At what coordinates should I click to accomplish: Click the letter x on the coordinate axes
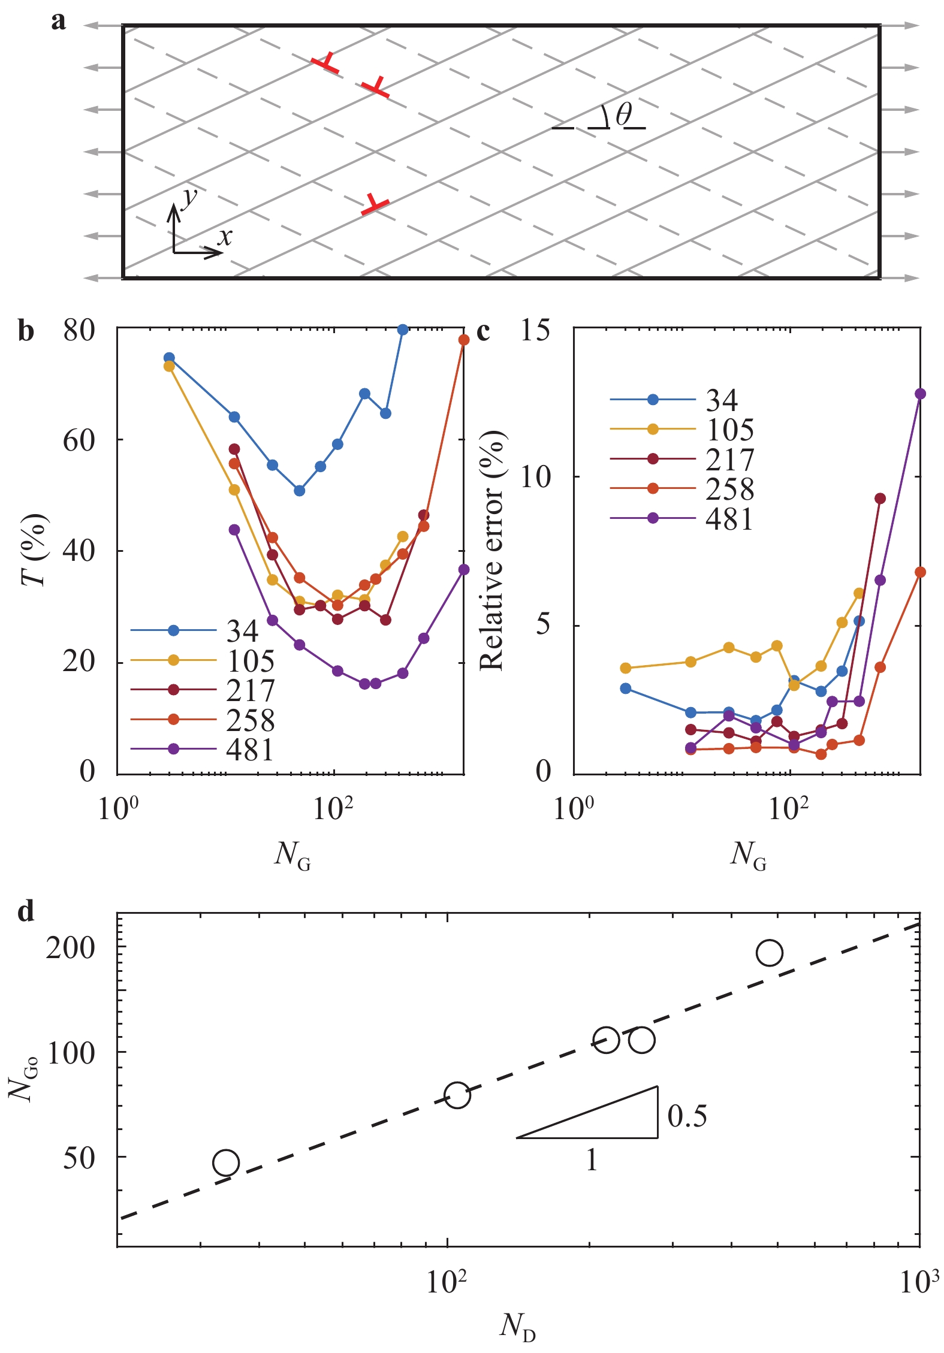click(x=225, y=237)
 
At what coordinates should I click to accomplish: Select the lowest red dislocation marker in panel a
click(x=375, y=204)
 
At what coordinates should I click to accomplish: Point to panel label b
click(x=26, y=331)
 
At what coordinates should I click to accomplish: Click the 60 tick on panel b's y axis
click(x=79, y=440)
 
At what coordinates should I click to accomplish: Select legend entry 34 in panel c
click(x=722, y=400)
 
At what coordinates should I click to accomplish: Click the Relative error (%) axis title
click(x=491, y=550)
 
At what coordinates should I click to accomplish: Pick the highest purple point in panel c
click(x=920, y=394)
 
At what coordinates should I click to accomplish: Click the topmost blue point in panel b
click(x=403, y=330)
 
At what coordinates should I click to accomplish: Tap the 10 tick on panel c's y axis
click(x=535, y=478)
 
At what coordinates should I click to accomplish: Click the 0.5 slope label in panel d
click(x=687, y=1116)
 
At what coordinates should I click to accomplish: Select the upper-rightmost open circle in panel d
click(x=770, y=952)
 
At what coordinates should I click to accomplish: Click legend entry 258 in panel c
click(x=729, y=489)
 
